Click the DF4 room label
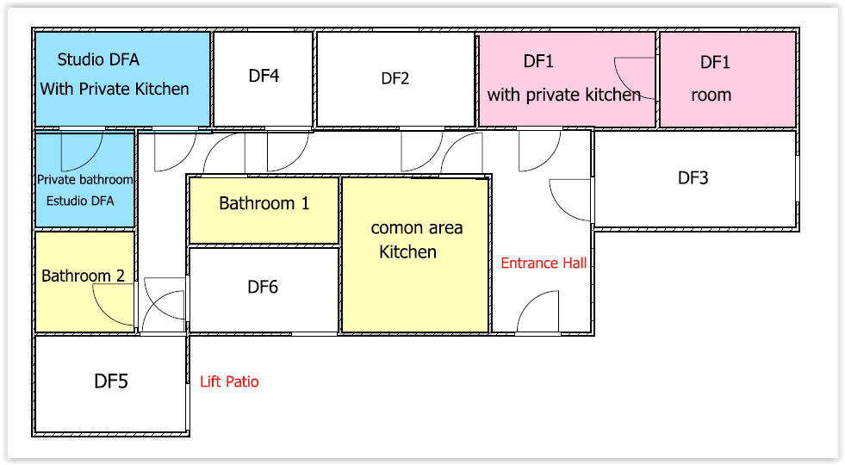(264, 76)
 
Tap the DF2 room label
(395, 78)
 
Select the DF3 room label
(693, 178)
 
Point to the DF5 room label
(111, 381)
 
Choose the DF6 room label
(263, 287)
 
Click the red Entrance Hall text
(544, 263)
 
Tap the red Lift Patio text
(229, 381)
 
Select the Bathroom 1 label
(264, 204)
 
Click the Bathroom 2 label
(84, 276)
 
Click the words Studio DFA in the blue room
(98, 59)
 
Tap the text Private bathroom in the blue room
(85, 180)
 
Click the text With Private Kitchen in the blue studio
(115, 89)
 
